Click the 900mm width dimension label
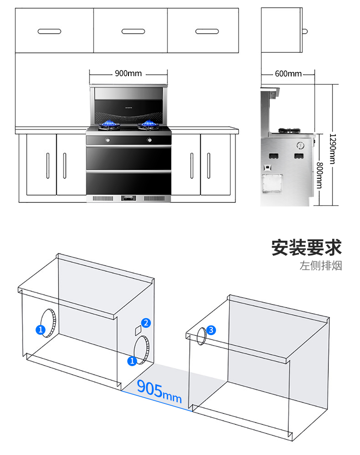pyautogui.click(x=128, y=73)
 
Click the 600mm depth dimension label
pyautogui.click(x=288, y=74)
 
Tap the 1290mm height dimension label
pyautogui.click(x=333, y=149)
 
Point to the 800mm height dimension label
pyautogui.click(x=319, y=175)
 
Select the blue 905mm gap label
pyautogui.click(x=159, y=392)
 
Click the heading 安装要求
pyautogui.click(x=307, y=248)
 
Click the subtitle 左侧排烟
pyautogui.click(x=321, y=265)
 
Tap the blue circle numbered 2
pyautogui.click(x=146, y=323)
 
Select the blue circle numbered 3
pyautogui.click(x=211, y=330)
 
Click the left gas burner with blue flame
pyautogui.click(x=109, y=125)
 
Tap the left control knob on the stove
pyautogui.click(x=108, y=140)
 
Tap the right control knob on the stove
pyautogui.click(x=149, y=140)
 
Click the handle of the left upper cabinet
pyautogui.click(x=49, y=31)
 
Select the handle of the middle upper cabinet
pyautogui.click(x=133, y=31)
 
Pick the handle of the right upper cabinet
pyautogui.click(x=207, y=31)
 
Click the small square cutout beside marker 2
pyautogui.click(x=138, y=331)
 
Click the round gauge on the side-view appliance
pyautogui.click(x=300, y=145)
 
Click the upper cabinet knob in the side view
pyautogui.click(x=305, y=31)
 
